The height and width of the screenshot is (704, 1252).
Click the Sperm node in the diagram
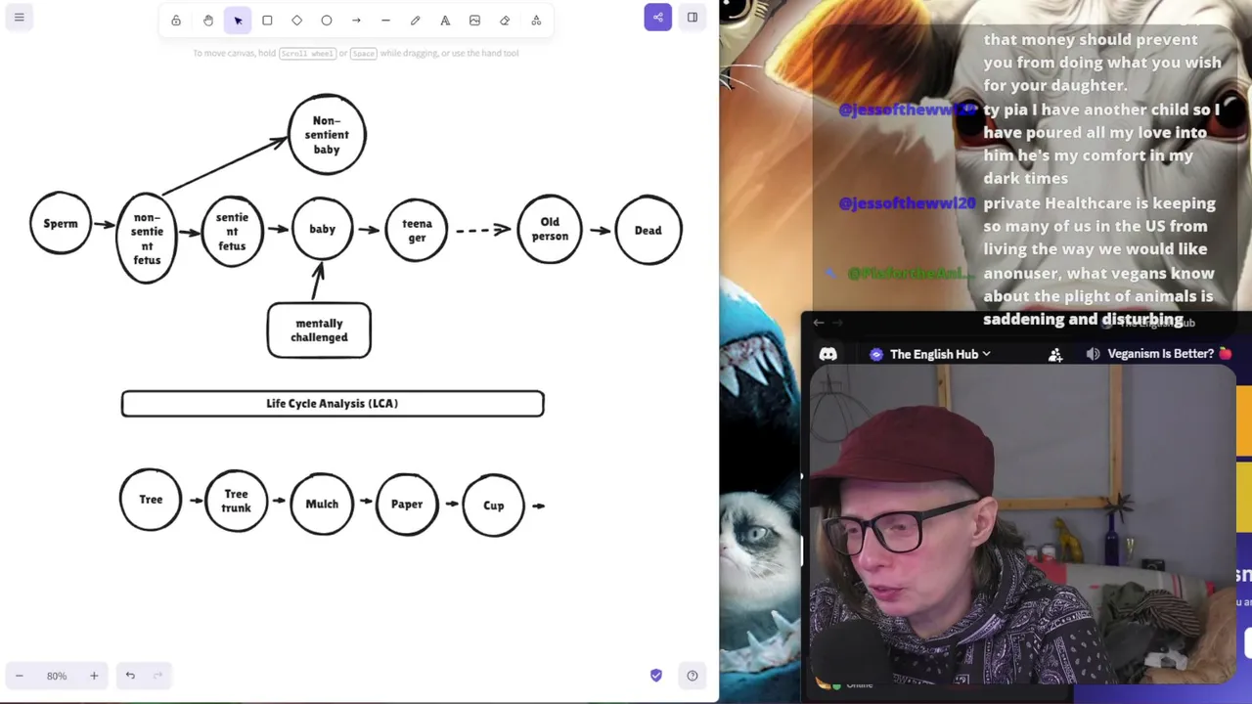tap(61, 224)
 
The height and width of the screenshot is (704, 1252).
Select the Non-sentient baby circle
tap(327, 135)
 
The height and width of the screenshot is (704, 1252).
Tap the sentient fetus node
tap(232, 231)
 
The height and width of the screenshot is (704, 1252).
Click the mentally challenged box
tap(319, 330)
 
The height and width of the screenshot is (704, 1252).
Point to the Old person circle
tap(550, 230)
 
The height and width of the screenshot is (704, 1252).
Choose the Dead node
tap(648, 230)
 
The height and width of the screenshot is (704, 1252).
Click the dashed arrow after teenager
tap(482, 230)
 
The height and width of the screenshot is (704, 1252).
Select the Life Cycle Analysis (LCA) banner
tap(333, 404)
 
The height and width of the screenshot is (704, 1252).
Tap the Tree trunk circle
tap(236, 501)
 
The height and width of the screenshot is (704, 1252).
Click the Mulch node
tap(322, 504)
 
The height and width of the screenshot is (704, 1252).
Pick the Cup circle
tap(493, 506)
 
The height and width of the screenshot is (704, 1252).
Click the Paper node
tap(407, 505)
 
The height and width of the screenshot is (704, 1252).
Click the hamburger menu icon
tap(19, 18)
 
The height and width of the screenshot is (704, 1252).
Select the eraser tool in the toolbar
tap(505, 21)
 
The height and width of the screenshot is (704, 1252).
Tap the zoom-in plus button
tap(94, 676)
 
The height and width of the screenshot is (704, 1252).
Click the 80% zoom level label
tap(57, 676)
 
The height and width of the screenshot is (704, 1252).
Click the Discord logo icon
tap(828, 354)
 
